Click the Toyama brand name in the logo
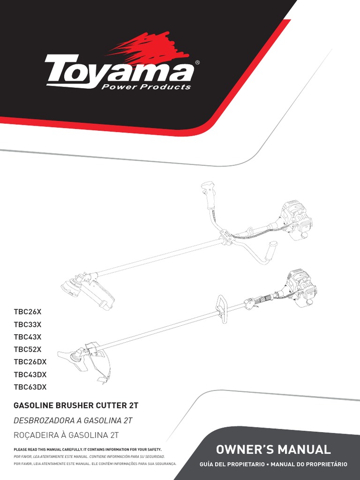click(x=120, y=70)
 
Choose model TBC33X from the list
click(x=28, y=324)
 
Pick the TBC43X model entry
click(x=28, y=337)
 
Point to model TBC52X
click(x=28, y=349)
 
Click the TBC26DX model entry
click(x=30, y=362)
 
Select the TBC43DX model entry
click(x=30, y=375)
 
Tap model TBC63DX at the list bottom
click(x=30, y=387)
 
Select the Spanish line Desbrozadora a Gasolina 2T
click(x=74, y=420)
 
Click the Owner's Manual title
click(x=273, y=450)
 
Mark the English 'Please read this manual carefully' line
click(x=88, y=450)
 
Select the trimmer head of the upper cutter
click(x=71, y=286)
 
